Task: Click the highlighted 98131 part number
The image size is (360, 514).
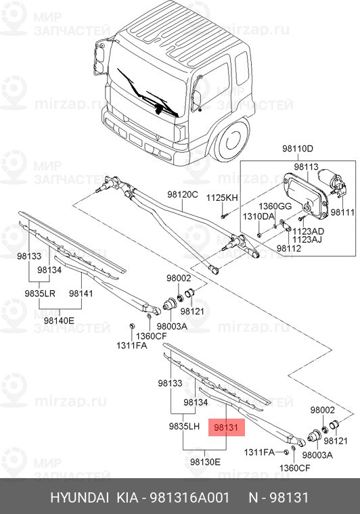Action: point(225,427)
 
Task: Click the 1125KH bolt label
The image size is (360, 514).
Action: point(223,197)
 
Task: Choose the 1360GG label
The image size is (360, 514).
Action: point(275,206)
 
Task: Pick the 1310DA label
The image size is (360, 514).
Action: point(259,216)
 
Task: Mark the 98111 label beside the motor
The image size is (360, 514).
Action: point(342,212)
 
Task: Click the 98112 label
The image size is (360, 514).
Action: point(288,248)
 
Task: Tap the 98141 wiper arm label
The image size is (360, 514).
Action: point(81,294)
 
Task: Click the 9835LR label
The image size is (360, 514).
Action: point(39,294)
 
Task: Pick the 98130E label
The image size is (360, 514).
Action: point(204,461)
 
